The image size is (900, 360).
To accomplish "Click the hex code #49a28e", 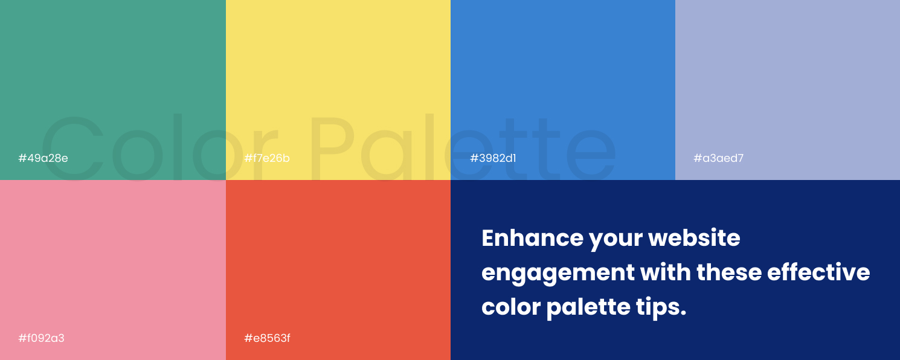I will pyautogui.click(x=43, y=158).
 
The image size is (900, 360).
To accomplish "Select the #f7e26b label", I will pyautogui.click(x=267, y=158).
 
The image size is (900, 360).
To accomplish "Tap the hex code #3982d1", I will pyautogui.click(x=493, y=158).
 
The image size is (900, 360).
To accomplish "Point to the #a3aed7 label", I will pyautogui.click(x=718, y=158).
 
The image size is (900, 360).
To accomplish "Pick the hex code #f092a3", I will pyautogui.click(x=41, y=338).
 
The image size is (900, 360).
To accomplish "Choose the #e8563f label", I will pyautogui.click(x=267, y=338).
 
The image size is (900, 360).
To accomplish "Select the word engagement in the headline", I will pyautogui.click(x=558, y=273).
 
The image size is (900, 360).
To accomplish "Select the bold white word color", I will pyautogui.click(x=510, y=307).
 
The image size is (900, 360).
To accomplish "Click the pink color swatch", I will pyautogui.click(x=112, y=260).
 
